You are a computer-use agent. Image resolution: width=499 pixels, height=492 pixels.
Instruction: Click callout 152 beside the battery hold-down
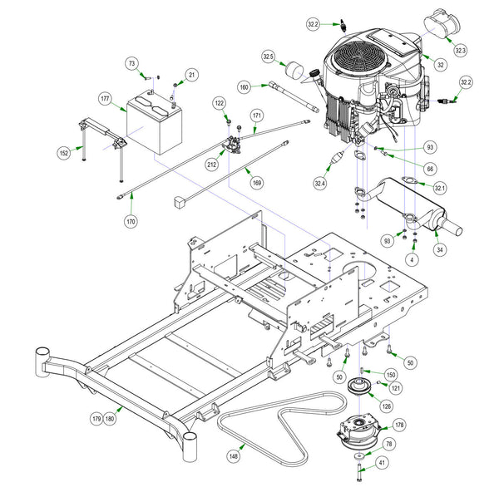[63, 153]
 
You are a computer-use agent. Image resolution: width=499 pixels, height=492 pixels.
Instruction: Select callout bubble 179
[96, 420]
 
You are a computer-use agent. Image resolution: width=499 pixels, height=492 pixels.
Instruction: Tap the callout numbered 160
[244, 86]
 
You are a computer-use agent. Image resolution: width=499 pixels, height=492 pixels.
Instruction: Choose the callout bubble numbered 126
[387, 406]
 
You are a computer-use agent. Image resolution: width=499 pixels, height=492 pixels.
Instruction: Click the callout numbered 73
[131, 64]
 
